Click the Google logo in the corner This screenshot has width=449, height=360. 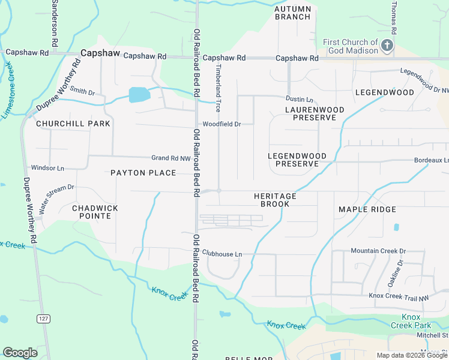(20, 353)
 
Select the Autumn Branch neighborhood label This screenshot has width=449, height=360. (293, 13)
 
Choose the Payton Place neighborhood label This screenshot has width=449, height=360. (143, 173)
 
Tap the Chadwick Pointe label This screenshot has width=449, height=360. (95, 212)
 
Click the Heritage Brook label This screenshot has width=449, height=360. (275, 200)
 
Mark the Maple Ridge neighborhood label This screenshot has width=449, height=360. (367, 209)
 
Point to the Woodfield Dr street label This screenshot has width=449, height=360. (221, 124)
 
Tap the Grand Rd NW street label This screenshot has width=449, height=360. (170, 158)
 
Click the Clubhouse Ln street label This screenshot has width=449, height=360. (221, 254)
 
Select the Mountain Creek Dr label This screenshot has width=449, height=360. (378, 251)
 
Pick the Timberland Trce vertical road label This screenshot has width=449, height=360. (218, 88)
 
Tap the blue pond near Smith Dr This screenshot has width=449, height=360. (139, 94)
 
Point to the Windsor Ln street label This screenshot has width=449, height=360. (47, 168)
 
